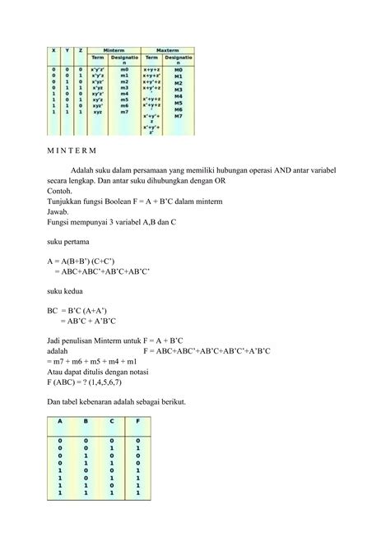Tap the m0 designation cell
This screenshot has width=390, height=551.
[x=124, y=70]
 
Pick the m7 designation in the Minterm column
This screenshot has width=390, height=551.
[x=124, y=111]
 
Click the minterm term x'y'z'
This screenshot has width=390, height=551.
[x=97, y=70]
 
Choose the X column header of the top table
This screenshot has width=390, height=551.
[x=53, y=50]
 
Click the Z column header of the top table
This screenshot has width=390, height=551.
[x=80, y=50]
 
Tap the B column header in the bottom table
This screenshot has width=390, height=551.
[x=85, y=422]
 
